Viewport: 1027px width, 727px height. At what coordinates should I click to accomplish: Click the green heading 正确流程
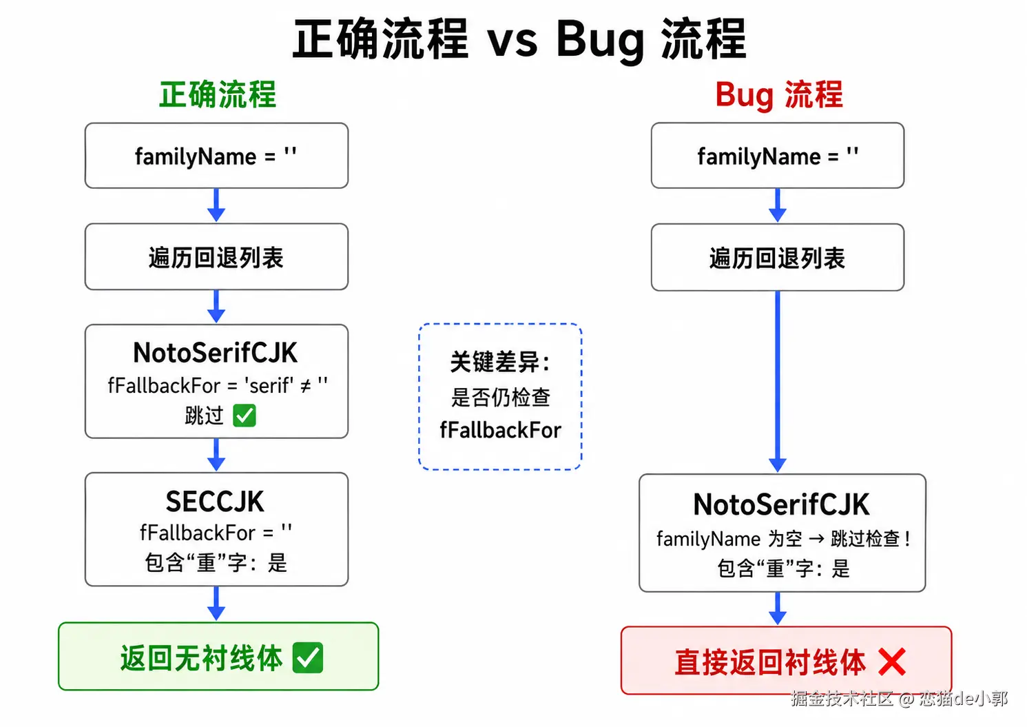[218, 94]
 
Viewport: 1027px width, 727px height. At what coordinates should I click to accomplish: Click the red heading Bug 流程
[779, 95]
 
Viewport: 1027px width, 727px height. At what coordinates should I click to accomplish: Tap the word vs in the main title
[512, 41]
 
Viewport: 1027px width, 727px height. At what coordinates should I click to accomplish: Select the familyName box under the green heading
[216, 156]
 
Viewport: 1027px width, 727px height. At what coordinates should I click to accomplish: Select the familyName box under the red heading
[778, 156]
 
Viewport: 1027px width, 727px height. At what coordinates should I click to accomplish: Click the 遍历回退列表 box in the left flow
[216, 257]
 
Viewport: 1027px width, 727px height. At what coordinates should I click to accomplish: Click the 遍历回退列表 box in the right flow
[778, 257]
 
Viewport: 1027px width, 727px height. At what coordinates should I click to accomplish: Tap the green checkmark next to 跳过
[245, 416]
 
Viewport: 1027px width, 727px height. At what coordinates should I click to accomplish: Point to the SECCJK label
[215, 502]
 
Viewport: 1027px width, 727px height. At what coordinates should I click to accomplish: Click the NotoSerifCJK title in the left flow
[216, 353]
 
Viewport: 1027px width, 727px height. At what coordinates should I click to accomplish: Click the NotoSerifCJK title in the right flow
[781, 504]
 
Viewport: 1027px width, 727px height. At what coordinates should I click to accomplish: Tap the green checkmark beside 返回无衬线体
[308, 657]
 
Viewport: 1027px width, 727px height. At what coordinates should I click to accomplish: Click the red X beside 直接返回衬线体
[892, 662]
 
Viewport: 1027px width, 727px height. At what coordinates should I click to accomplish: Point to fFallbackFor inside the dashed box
[501, 430]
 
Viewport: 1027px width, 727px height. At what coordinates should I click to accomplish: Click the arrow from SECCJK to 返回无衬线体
[216, 604]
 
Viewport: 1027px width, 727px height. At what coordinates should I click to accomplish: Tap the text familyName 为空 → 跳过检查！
[782, 538]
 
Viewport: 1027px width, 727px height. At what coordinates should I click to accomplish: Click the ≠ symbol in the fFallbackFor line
[305, 387]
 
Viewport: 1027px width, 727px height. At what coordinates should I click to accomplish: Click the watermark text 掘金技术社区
[841, 699]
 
